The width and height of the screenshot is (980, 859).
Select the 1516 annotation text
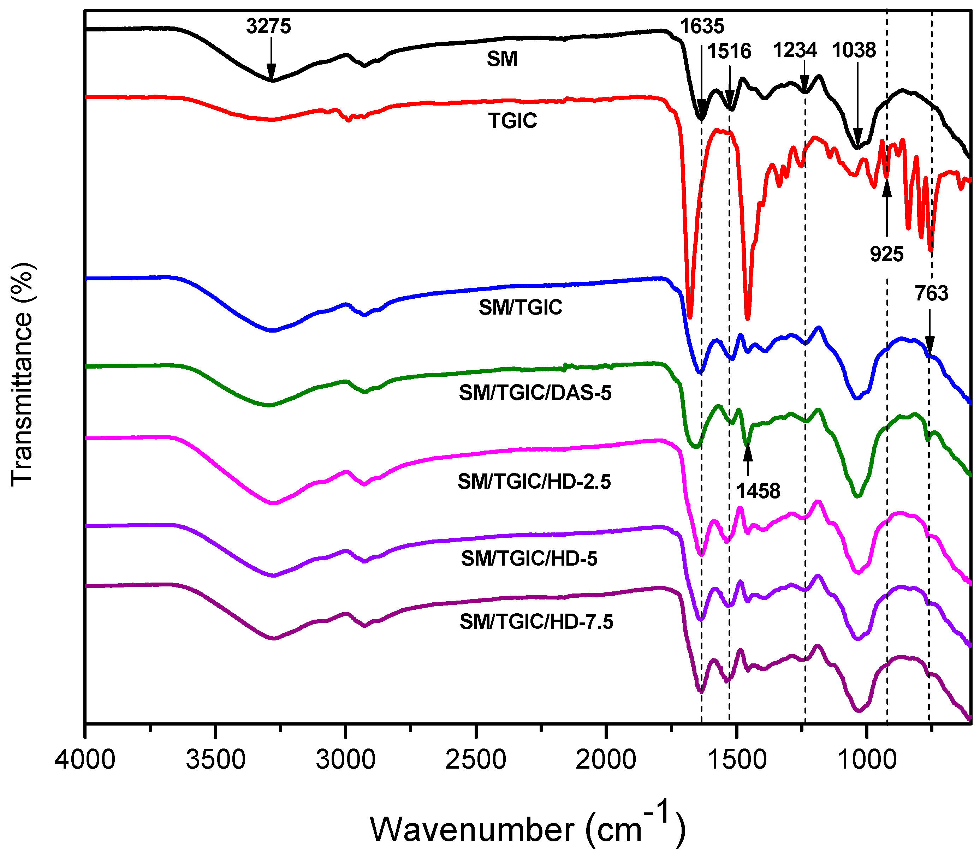[x=729, y=51]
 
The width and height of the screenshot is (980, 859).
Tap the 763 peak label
[x=931, y=293]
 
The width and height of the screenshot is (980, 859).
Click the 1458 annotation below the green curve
[x=758, y=491]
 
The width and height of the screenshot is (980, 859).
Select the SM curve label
[x=502, y=59]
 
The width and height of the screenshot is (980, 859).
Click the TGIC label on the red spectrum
[x=512, y=121]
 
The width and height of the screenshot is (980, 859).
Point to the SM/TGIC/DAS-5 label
[x=535, y=393]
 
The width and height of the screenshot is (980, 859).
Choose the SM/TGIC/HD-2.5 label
[x=534, y=482]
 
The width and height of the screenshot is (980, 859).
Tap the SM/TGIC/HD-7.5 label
[x=536, y=622]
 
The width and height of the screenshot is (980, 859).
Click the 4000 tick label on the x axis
[x=85, y=760]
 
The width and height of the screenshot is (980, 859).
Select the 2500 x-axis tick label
[x=476, y=760]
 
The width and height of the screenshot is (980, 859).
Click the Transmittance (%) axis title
[x=22, y=374]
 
